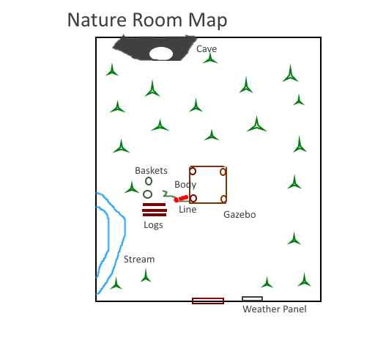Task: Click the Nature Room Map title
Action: click(x=147, y=20)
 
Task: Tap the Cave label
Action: click(x=207, y=49)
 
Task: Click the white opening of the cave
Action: click(x=161, y=54)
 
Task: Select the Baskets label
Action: click(x=151, y=171)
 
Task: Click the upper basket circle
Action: click(x=149, y=181)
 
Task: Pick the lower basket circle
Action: click(x=147, y=194)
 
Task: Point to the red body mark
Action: click(x=181, y=199)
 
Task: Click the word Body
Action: click(x=185, y=185)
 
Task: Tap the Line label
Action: click(x=188, y=210)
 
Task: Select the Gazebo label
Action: click(x=240, y=215)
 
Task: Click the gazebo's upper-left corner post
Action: click(x=193, y=171)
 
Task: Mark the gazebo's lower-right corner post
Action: click(x=223, y=199)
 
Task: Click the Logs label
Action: click(x=153, y=225)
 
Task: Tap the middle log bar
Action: click(x=155, y=210)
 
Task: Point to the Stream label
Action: click(x=139, y=260)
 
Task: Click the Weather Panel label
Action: click(x=275, y=309)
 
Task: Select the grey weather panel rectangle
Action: click(x=252, y=298)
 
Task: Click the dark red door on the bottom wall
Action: click(x=208, y=301)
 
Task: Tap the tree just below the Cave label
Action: click(x=210, y=59)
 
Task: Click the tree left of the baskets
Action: click(x=132, y=188)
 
